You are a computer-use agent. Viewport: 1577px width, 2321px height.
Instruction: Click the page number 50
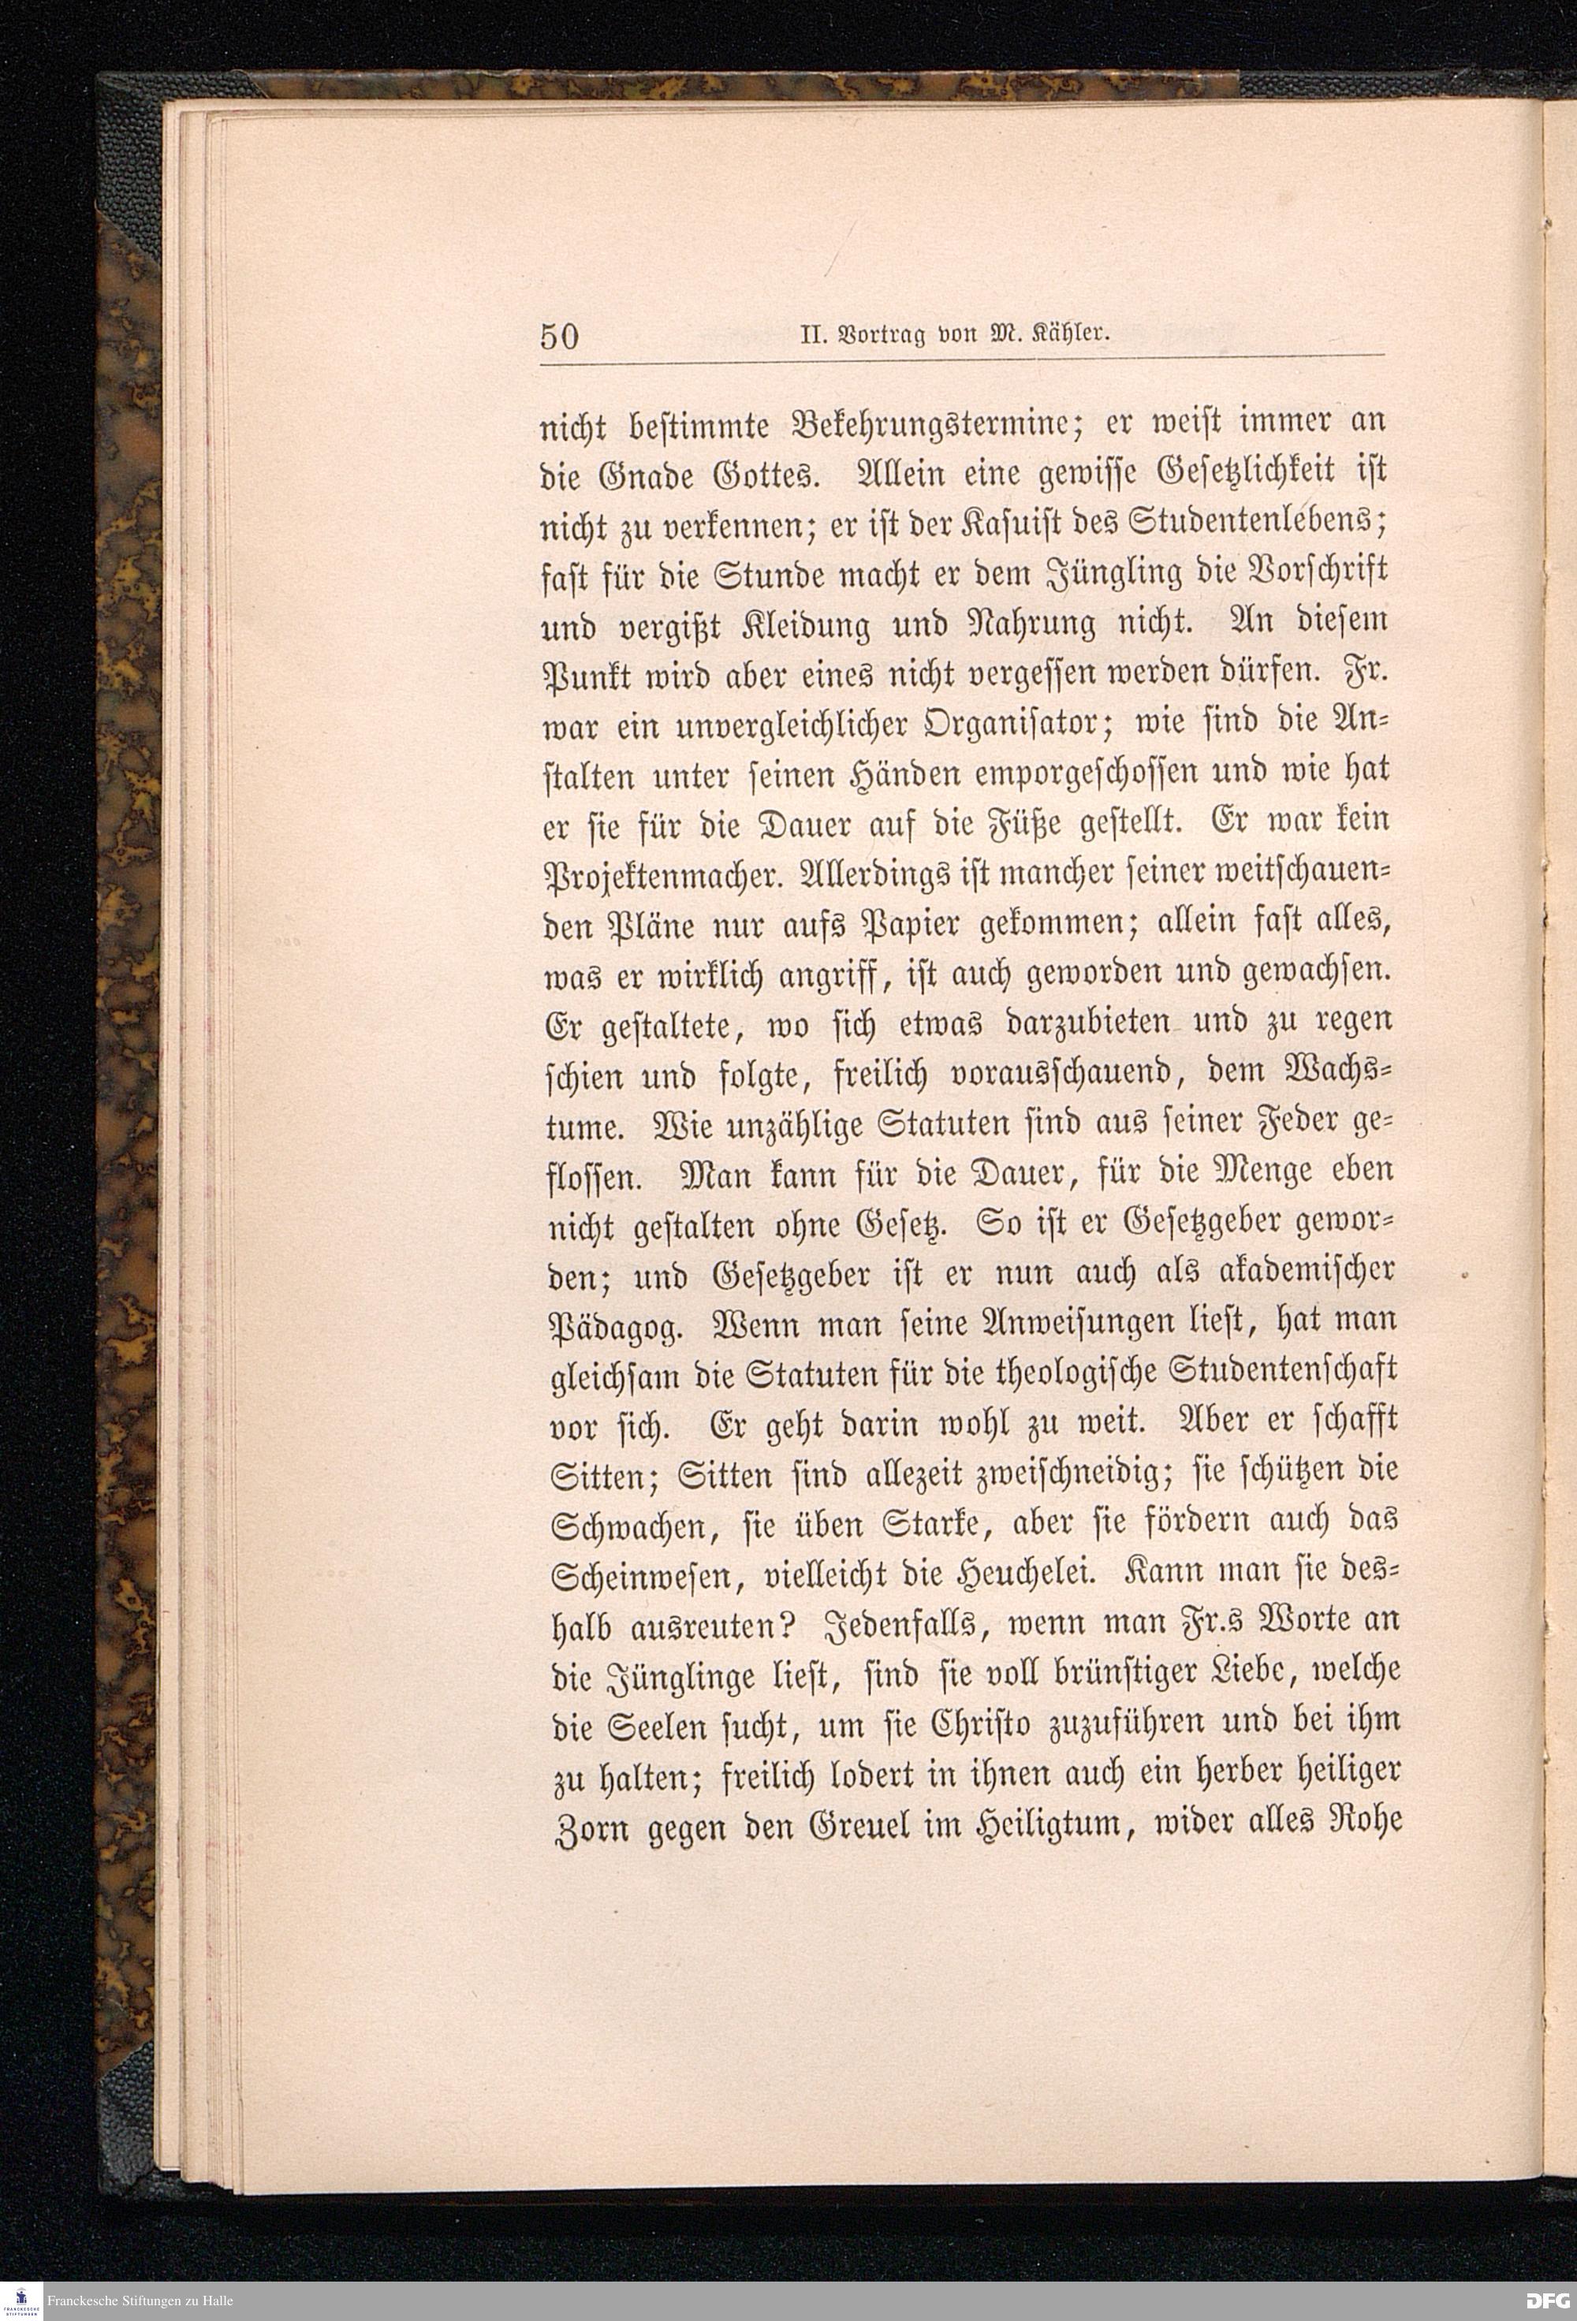point(559,337)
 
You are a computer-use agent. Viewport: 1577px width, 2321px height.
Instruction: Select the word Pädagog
point(617,1329)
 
